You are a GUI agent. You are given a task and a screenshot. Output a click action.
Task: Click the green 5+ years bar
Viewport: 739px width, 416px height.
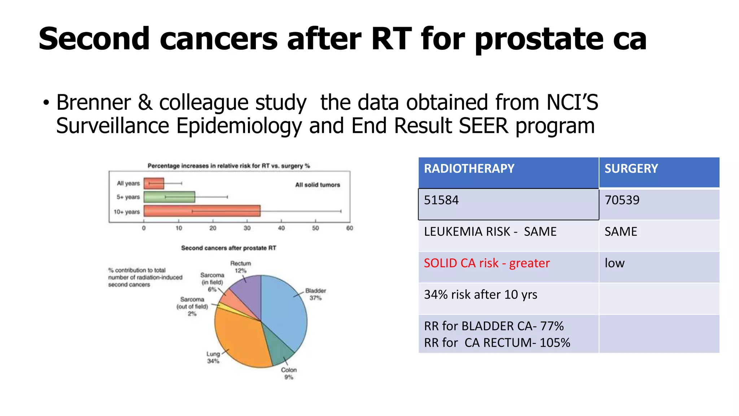click(169, 197)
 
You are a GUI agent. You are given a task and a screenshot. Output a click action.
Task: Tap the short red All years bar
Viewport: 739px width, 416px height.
click(154, 183)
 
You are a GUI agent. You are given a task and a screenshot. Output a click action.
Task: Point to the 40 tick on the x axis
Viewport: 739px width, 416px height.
click(281, 228)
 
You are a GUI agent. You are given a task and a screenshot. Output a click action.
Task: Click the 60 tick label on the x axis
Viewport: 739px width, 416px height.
click(349, 228)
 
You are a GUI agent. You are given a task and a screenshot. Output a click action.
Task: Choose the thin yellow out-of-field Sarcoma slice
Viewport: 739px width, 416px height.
click(226, 307)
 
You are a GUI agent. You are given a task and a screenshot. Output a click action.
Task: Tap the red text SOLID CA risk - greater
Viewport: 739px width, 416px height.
click(486, 263)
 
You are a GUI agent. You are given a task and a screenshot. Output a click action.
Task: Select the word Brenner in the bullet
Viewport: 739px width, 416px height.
click(93, 103)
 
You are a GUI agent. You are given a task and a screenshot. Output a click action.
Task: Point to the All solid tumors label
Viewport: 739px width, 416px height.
click(318, 185)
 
